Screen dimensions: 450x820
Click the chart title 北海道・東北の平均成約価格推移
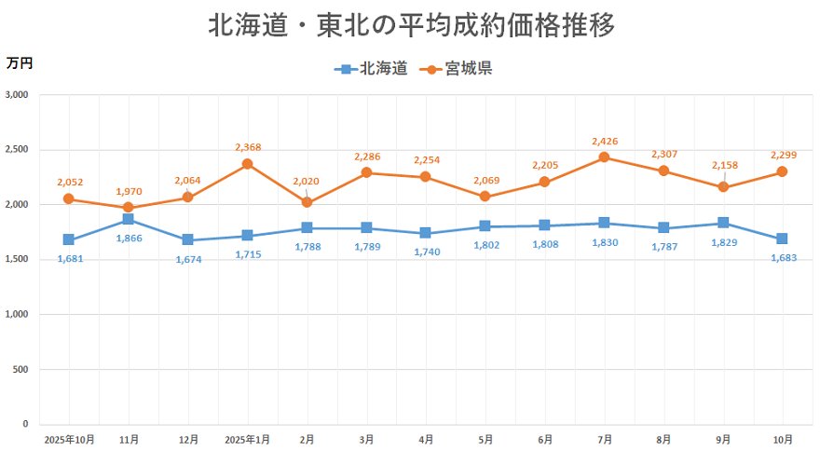click(411, 25)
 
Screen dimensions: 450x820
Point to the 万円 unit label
click(19, 63)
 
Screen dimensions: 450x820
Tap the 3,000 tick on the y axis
click(18, 95)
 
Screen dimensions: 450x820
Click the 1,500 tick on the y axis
click(18, 260)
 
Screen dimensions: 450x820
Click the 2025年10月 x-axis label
click(69, 438)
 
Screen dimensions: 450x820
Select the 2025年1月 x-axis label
click(248, 438)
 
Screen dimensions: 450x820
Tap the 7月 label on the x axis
click(605, 438)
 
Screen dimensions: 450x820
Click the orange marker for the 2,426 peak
click(604, 157)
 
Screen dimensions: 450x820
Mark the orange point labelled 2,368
click(248, 164)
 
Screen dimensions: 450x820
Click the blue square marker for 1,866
click(128, 219)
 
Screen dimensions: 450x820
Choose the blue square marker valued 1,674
click(187, 240)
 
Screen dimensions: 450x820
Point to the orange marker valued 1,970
click(128, 208)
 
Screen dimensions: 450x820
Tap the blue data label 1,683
click(784, 258)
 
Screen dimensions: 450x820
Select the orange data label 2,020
click(307, 182)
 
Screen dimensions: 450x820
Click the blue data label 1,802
click(485, 246)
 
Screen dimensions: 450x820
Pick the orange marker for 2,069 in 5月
click(485, 197)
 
